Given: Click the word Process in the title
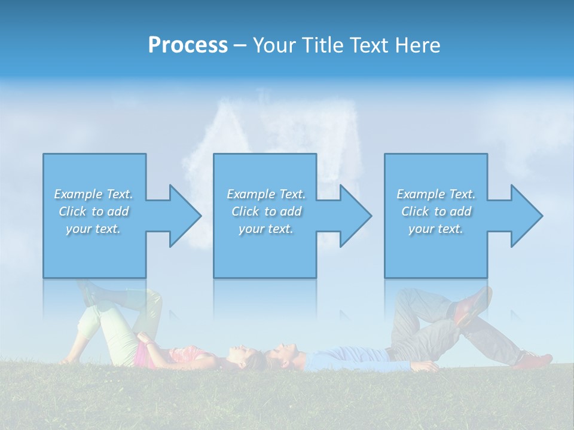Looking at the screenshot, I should [188, 45].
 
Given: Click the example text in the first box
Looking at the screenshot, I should [93, 211].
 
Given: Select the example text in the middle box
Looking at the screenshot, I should [265, 211].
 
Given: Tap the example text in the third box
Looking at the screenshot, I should [435, 211].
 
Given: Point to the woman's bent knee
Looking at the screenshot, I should [152, 299].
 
